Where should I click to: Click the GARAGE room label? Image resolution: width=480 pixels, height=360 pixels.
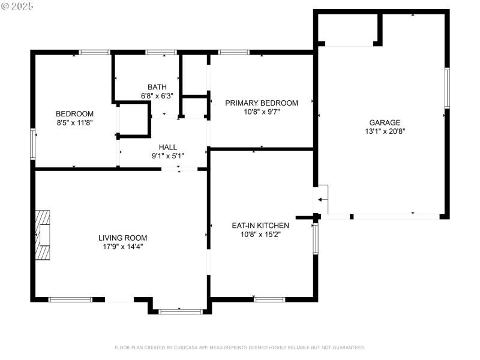coord(385,122)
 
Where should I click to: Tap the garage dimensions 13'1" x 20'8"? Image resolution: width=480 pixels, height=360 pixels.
coord(385,131)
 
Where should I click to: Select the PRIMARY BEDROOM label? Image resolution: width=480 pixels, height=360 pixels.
coord(261,103)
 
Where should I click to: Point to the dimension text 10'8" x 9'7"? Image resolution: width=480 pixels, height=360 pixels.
coord(261,112)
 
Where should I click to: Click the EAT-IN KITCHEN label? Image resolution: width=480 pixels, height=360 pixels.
coord(260,226)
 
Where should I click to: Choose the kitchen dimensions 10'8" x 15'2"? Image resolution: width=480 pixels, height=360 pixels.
coord(260,235)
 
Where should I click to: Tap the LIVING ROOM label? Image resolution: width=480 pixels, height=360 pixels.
coord(122,238)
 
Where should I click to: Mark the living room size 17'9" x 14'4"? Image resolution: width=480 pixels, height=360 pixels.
coord(122,247)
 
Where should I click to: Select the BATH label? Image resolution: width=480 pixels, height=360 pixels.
coord(157,87)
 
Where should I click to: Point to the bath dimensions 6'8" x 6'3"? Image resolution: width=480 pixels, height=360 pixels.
coord(157,96)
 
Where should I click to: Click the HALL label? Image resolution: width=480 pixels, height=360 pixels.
coord(167,147)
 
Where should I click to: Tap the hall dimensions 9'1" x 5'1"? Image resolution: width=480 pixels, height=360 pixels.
coord(167,156)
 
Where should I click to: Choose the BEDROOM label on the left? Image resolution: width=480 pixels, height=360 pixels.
coord(74,113)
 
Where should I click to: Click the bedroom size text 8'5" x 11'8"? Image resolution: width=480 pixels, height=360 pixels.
coord(74,122)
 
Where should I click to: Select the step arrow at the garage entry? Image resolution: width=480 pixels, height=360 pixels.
coord(322,199)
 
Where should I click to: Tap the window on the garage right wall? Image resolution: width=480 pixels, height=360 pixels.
coord(446,88)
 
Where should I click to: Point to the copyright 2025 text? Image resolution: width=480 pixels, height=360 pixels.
coord(17,6)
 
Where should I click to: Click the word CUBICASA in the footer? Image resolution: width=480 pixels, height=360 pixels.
coord(188,347)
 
